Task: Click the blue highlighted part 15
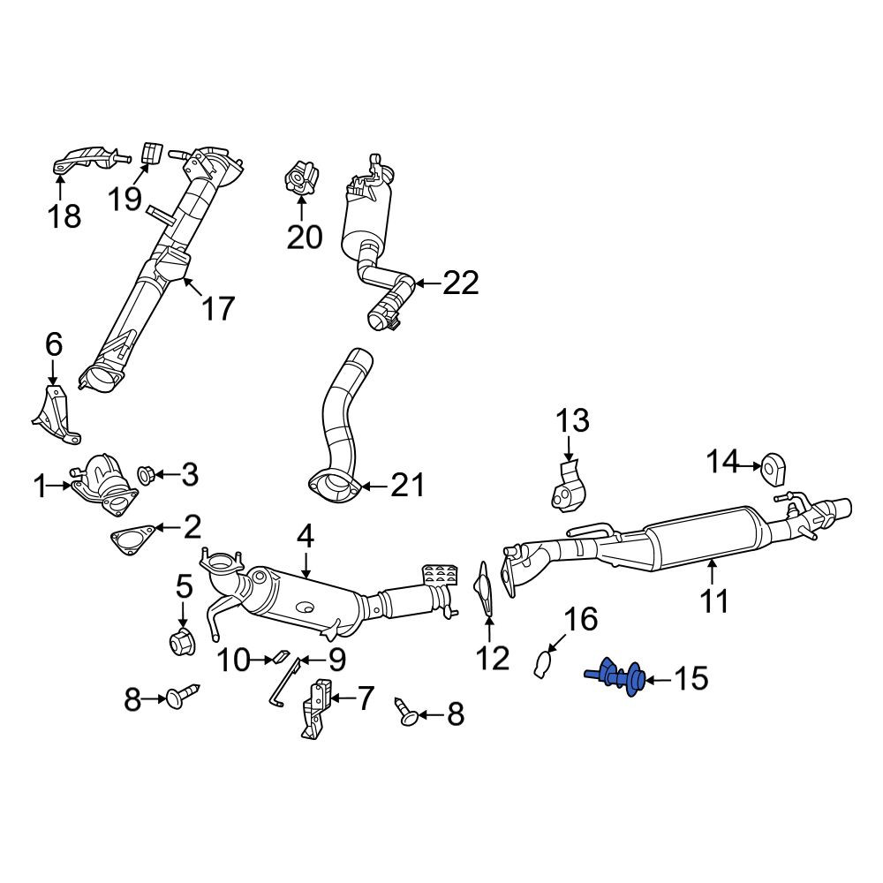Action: coord(617,676)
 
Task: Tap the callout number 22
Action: coord(461,283)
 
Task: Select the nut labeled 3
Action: coord(147,475)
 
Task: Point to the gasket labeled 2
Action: coord(133,539)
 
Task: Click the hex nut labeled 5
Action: coord(183,642)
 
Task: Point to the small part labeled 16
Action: coord(541,664)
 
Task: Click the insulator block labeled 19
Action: coord(152,154)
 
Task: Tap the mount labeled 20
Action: coord(301,178)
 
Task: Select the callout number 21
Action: coord(407,485)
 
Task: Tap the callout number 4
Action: coord(305,539)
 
